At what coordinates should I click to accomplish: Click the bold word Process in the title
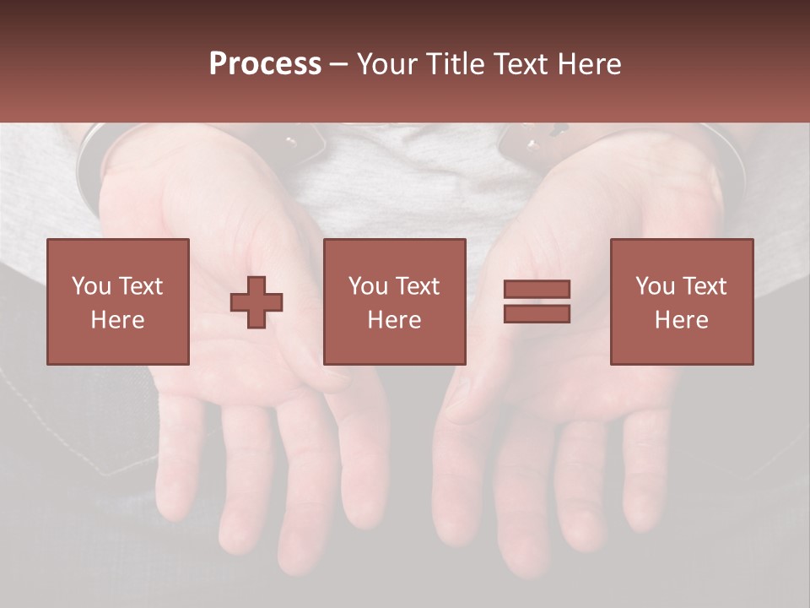point(265,64)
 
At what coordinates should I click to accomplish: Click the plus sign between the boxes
point(256,302)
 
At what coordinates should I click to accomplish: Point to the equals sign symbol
point(537,301)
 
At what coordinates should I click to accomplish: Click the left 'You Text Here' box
point(118,301)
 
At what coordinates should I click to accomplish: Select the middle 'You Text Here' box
point(394,301)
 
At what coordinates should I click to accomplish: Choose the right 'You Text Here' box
point(681,301)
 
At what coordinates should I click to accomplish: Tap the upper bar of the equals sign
point(537,290)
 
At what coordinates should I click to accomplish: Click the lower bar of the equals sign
point(537,314)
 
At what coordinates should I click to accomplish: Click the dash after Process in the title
point(338,64)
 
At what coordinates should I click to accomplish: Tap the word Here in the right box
point(681,320)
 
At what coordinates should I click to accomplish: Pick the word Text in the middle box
point(418,286)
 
